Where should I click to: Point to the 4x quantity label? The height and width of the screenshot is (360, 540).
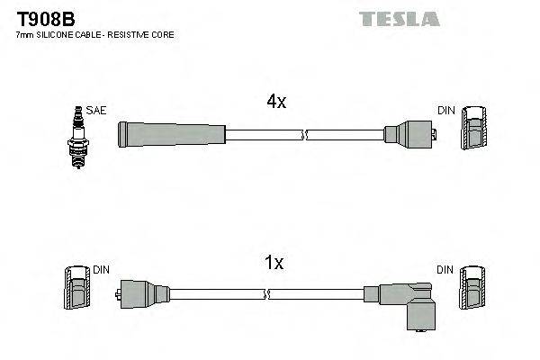coord(275,103)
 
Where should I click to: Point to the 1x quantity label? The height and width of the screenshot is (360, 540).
coord(274,263)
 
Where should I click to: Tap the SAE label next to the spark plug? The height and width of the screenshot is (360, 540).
coord(97,111)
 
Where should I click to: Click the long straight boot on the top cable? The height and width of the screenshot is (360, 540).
coord(171,135)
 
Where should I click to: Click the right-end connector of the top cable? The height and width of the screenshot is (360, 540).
coord(409,135)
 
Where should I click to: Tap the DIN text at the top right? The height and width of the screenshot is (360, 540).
coord(446,111)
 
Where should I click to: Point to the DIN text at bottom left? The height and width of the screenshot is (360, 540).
coord(101,269)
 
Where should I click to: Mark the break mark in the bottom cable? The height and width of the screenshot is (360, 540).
coord(268,293)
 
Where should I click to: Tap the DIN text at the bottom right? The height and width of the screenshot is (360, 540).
coord(446,269)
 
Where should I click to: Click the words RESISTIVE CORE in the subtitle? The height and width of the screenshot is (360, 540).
coord(144,35)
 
